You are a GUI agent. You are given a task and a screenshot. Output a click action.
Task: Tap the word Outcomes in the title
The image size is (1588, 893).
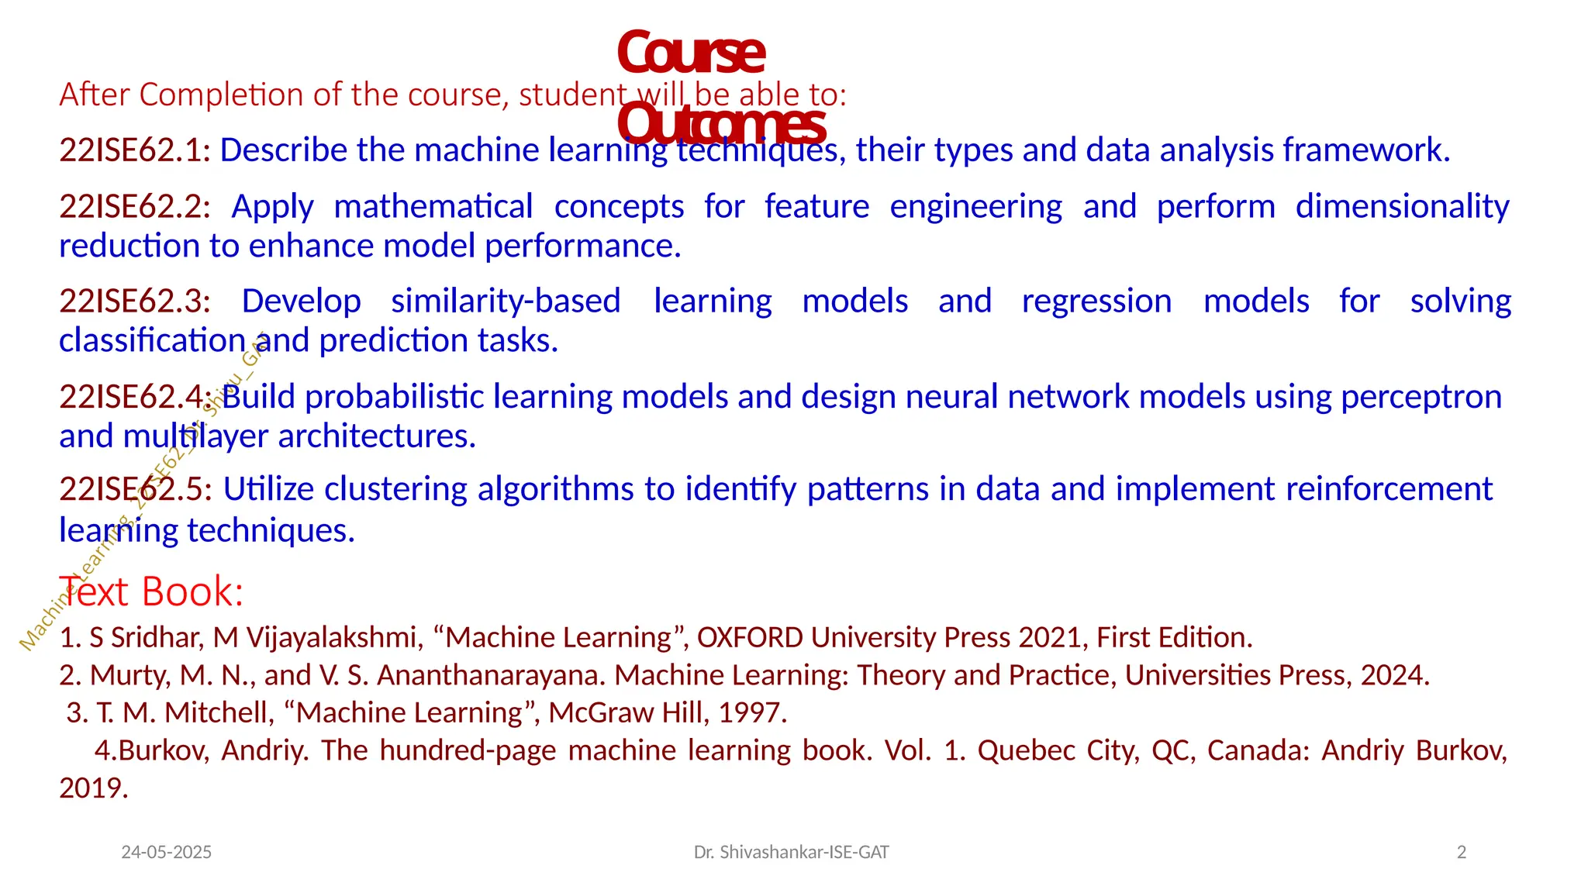click(x=720, y=125)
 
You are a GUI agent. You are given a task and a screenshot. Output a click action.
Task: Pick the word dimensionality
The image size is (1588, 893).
click(x=1402, y=207)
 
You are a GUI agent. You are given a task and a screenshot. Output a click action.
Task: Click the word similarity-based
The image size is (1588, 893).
click(x=506, y=302)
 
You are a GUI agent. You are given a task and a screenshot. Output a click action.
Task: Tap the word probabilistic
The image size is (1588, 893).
click(x=395, y=397)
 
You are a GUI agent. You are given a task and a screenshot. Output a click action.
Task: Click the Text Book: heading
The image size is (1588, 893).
click(x=151, y=591)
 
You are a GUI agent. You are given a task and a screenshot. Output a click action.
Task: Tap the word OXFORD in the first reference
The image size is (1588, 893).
click(x=750, y=637)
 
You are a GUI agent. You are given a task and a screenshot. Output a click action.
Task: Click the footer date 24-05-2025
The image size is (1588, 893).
click(x=166, y=853)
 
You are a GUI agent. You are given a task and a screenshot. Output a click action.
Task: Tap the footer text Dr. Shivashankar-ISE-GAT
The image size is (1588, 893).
click(x=791, y=853)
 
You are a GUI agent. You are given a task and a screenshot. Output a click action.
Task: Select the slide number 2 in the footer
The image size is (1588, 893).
click(x=1462, y=853)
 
